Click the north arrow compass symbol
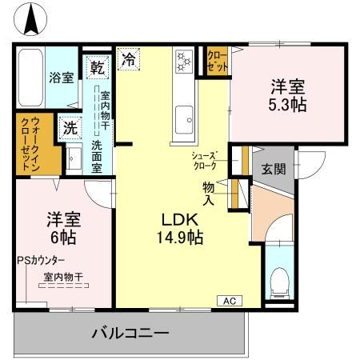point(32,19)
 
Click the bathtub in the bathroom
point(31,78)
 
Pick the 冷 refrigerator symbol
point(128,58)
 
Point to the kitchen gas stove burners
point(183,62)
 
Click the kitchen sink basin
point(184,114)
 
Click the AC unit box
point(229,301)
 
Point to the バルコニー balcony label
point(130,333)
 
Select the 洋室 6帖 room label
point(61,228)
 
